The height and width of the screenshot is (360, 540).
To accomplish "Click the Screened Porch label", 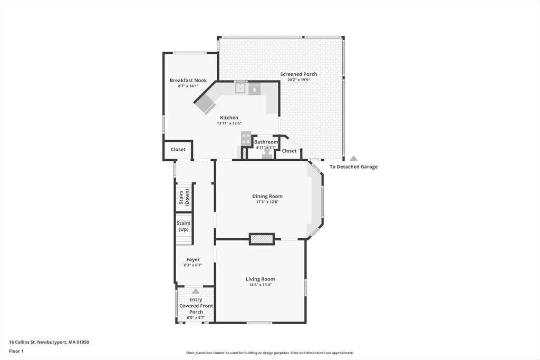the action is tap(298, 74).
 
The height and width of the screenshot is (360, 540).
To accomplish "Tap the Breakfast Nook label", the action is tap(188, 80).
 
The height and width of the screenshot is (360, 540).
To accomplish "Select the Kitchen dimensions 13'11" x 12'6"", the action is tap(229, 123).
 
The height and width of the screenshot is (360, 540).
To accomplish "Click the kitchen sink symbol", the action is tap(240, 88).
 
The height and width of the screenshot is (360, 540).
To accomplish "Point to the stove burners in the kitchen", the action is tap(246, 138).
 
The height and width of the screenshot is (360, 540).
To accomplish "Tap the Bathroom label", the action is tap(266, 142).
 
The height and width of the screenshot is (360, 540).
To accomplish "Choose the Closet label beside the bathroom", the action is tap(290, 151).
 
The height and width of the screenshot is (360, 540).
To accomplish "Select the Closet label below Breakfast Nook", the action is tap(178, 149).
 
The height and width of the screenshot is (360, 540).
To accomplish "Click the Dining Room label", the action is tap(267, 196).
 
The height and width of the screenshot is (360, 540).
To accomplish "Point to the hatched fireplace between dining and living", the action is tap(262, 239).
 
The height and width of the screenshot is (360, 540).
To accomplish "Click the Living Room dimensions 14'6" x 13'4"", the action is tap(261, 285).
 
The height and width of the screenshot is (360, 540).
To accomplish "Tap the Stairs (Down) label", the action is tap(184, 197).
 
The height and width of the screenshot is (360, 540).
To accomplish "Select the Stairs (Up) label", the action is tap(184, 226).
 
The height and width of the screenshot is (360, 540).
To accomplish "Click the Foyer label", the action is tap(193, 259).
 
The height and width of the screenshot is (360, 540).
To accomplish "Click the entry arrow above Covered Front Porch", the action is tap(196, 291).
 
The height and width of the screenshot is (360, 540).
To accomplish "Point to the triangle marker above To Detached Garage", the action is tap(354, 158).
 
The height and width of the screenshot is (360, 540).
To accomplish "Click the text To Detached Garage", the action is tap(354, 167).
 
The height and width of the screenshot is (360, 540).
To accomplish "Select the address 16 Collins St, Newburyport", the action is tap(49, 342).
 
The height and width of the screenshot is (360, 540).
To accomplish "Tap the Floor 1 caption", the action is tap(16, 352).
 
